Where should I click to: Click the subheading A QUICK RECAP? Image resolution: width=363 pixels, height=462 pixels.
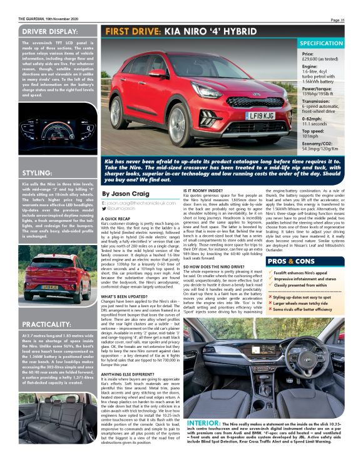point(119,218)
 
